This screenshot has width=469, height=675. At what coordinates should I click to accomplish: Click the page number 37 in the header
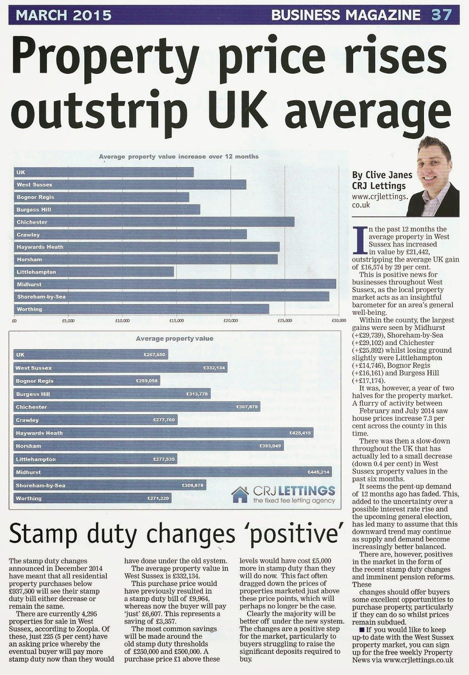click(442, 15)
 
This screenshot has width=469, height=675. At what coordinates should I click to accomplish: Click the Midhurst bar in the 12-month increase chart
click(175, 284)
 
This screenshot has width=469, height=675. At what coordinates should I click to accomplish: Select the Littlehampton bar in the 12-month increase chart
click(94, 272)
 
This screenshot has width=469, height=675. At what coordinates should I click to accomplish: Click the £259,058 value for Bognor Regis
click(147, 381)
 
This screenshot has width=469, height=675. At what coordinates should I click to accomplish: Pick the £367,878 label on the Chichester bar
click(247, 407)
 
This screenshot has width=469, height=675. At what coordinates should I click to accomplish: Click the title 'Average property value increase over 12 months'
click(179, 157)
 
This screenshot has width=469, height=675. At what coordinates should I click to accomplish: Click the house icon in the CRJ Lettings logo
click(240, 494)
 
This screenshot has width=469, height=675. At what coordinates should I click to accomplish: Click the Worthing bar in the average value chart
click(93, 498)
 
